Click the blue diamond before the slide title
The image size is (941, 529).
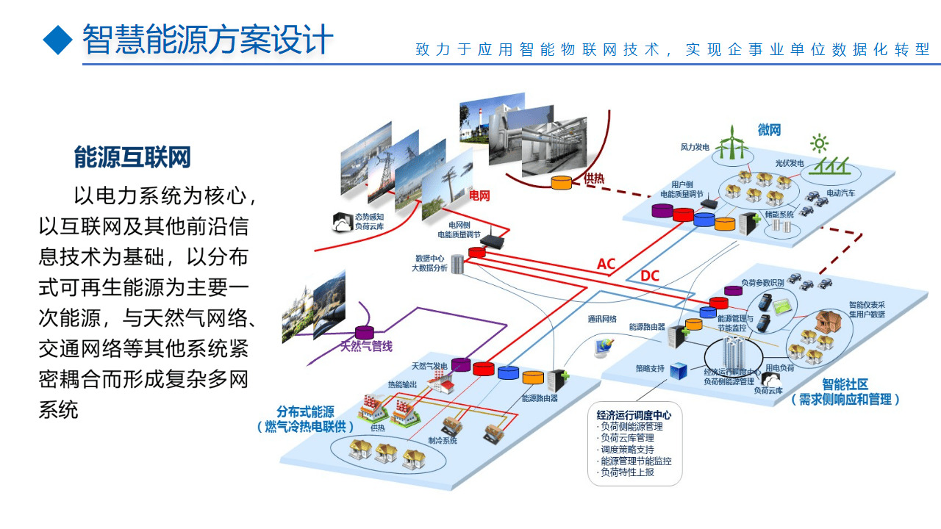[x=58, y=40]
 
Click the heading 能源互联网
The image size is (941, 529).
[x=132, y=157]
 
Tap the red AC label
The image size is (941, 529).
[x=606, y=264]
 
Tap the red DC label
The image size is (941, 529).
[x=650, y=276]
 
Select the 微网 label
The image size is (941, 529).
[x=769, y=130]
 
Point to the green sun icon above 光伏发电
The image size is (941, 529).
[x=819, y=143]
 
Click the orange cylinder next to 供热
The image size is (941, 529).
[x=562, y=182]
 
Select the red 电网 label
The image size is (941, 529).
[x=479, y=196]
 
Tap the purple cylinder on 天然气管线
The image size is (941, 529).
[x=365, y=333]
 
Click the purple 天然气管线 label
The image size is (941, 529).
[x=366, y=346]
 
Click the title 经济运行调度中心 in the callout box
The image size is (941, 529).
[x=634, y=414]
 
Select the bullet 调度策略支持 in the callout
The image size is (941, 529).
[x=626, y=450]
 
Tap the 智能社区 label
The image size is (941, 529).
[x=845, y=384]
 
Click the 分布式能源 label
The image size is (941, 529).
[x=305, y=411]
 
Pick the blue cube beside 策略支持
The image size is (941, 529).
[x=678, y=370]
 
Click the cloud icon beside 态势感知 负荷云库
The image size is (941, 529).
[x=342, y=222]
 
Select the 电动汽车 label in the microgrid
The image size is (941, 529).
[x=841, y=193]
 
